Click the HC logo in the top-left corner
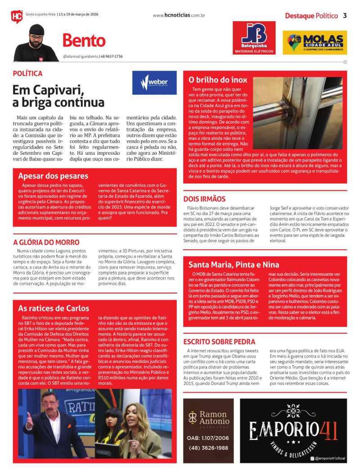click(17, 16)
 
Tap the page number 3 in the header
click(345, 16)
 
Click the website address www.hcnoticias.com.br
click(179, 16)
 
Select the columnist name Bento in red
click(84, 41)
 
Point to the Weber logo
click(154, 83)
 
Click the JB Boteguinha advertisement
click(254, 38)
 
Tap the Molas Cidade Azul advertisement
click(317, 42)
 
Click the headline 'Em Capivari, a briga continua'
click(58, 96)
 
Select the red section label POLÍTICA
click(28, 73)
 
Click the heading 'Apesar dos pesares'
click(53, 176)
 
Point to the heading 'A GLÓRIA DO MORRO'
click(46, 242)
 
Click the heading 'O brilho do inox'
click(218, 80)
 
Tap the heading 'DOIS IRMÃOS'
click(204, 199)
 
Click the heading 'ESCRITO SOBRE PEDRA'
click(219, 341)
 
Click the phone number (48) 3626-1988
click(208, 448)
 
